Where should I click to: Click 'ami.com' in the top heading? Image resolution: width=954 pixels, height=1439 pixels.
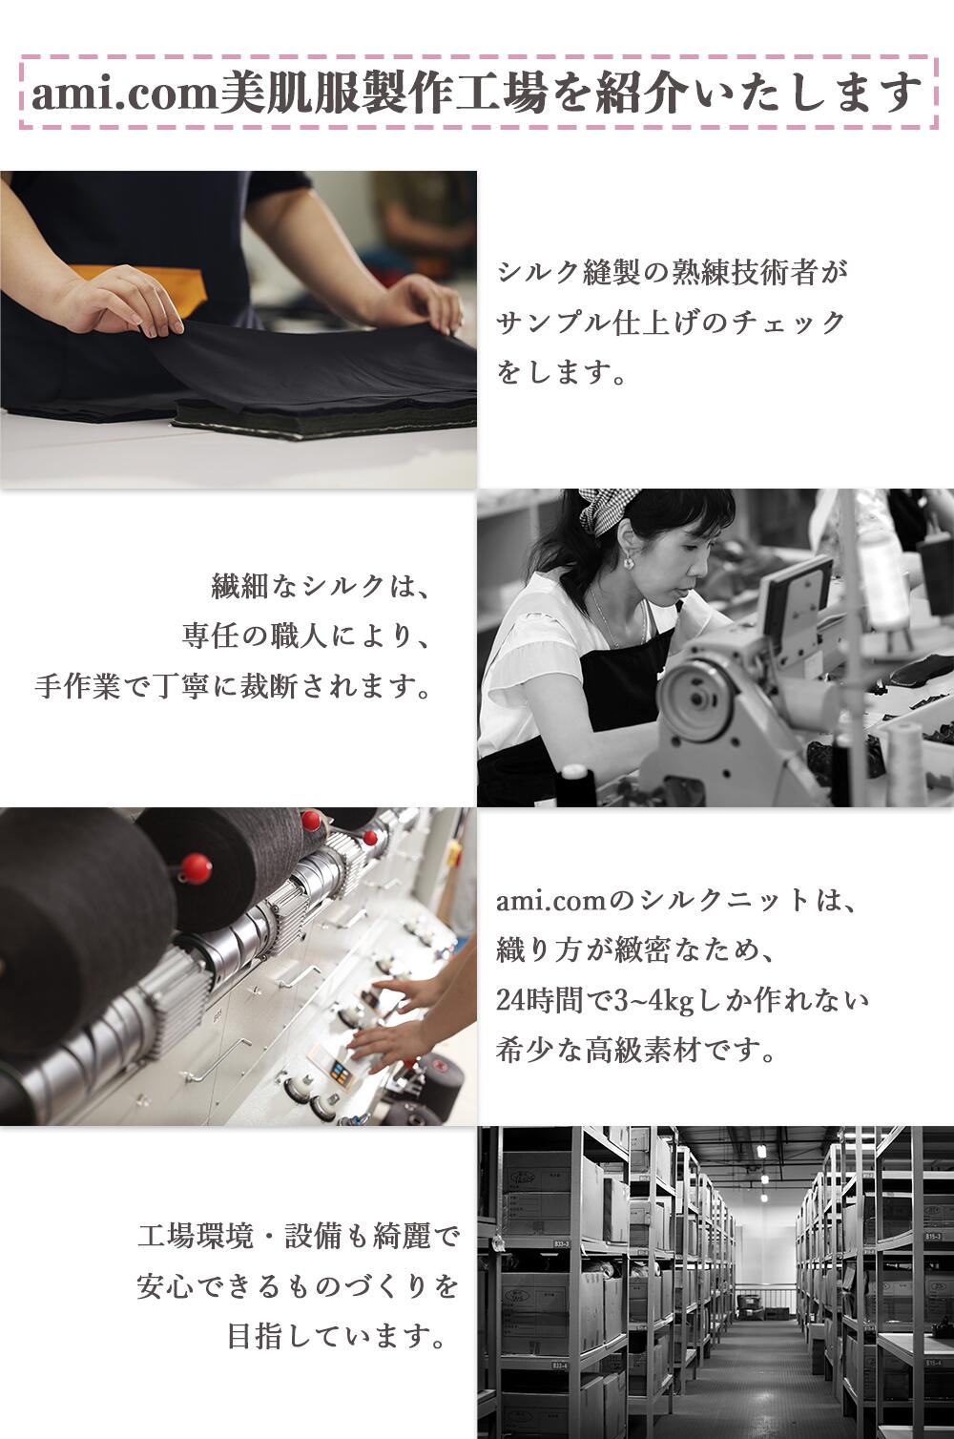click(125, 94)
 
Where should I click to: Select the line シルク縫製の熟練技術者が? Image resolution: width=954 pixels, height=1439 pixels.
click(673, 272)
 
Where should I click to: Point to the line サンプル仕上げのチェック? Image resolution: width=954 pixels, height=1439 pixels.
click(670, 323)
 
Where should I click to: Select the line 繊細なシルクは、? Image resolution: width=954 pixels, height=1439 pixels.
click(320, 587)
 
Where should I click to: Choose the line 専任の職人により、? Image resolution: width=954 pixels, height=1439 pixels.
click(305, 636)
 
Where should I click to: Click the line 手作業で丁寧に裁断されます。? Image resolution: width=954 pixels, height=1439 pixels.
click(232, 687)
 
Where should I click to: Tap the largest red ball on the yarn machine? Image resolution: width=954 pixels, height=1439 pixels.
click(195, 869)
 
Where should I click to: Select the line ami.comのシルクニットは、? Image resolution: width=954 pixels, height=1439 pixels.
click(675, 900)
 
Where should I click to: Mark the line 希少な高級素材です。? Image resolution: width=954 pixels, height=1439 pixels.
click(636, 1051)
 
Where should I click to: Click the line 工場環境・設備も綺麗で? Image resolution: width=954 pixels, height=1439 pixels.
click(298, 1237)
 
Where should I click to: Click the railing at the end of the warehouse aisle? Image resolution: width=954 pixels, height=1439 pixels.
click(764, 1293)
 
